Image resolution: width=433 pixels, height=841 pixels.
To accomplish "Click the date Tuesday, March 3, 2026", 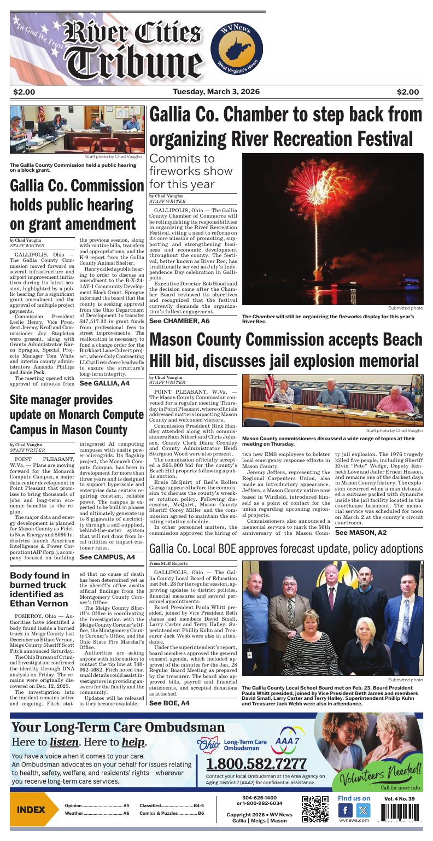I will [x=216, y=92].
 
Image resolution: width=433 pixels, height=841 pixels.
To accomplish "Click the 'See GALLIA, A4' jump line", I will [x=104, y=384].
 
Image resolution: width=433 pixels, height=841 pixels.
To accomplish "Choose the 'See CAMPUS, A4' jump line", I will [x=107, y=557].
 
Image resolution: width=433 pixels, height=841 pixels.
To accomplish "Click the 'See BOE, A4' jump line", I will [x=169, y=703].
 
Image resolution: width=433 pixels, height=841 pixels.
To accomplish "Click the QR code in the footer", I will [x=315, y=809].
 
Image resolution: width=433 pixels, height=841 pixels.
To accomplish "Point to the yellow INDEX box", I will [x=31, y=809].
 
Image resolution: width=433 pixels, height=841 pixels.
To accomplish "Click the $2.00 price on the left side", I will [x=24, y=92].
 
